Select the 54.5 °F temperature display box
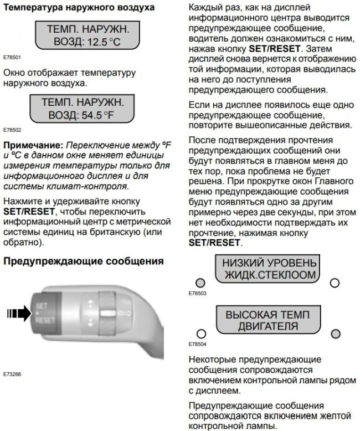coord(84,109)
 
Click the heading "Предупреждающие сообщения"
coord(84,261)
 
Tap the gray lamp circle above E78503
coord(200,282)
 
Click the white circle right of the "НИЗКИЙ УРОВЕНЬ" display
coord(334,283)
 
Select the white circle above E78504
coord(200,333)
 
